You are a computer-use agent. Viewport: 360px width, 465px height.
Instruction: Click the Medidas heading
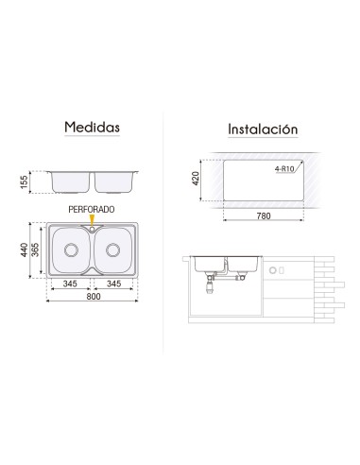click(92, 127)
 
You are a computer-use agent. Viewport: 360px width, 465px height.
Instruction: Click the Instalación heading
click(263, 129)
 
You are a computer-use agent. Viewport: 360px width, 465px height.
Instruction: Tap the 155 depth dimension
click(24, 182)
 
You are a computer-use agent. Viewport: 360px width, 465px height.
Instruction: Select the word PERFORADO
click(92, 210)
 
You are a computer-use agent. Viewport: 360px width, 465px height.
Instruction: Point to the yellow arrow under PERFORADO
click(92, 219)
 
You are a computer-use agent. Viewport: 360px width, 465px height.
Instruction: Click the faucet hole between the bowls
click(92, 230)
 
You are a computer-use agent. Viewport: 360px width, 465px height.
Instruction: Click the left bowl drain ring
click(71, 250)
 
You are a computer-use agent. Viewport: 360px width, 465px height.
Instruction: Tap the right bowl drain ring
click(112, 250)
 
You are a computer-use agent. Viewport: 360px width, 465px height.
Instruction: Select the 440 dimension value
click(24, 250)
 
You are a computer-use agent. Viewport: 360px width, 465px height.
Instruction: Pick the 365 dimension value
click(35, 250)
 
